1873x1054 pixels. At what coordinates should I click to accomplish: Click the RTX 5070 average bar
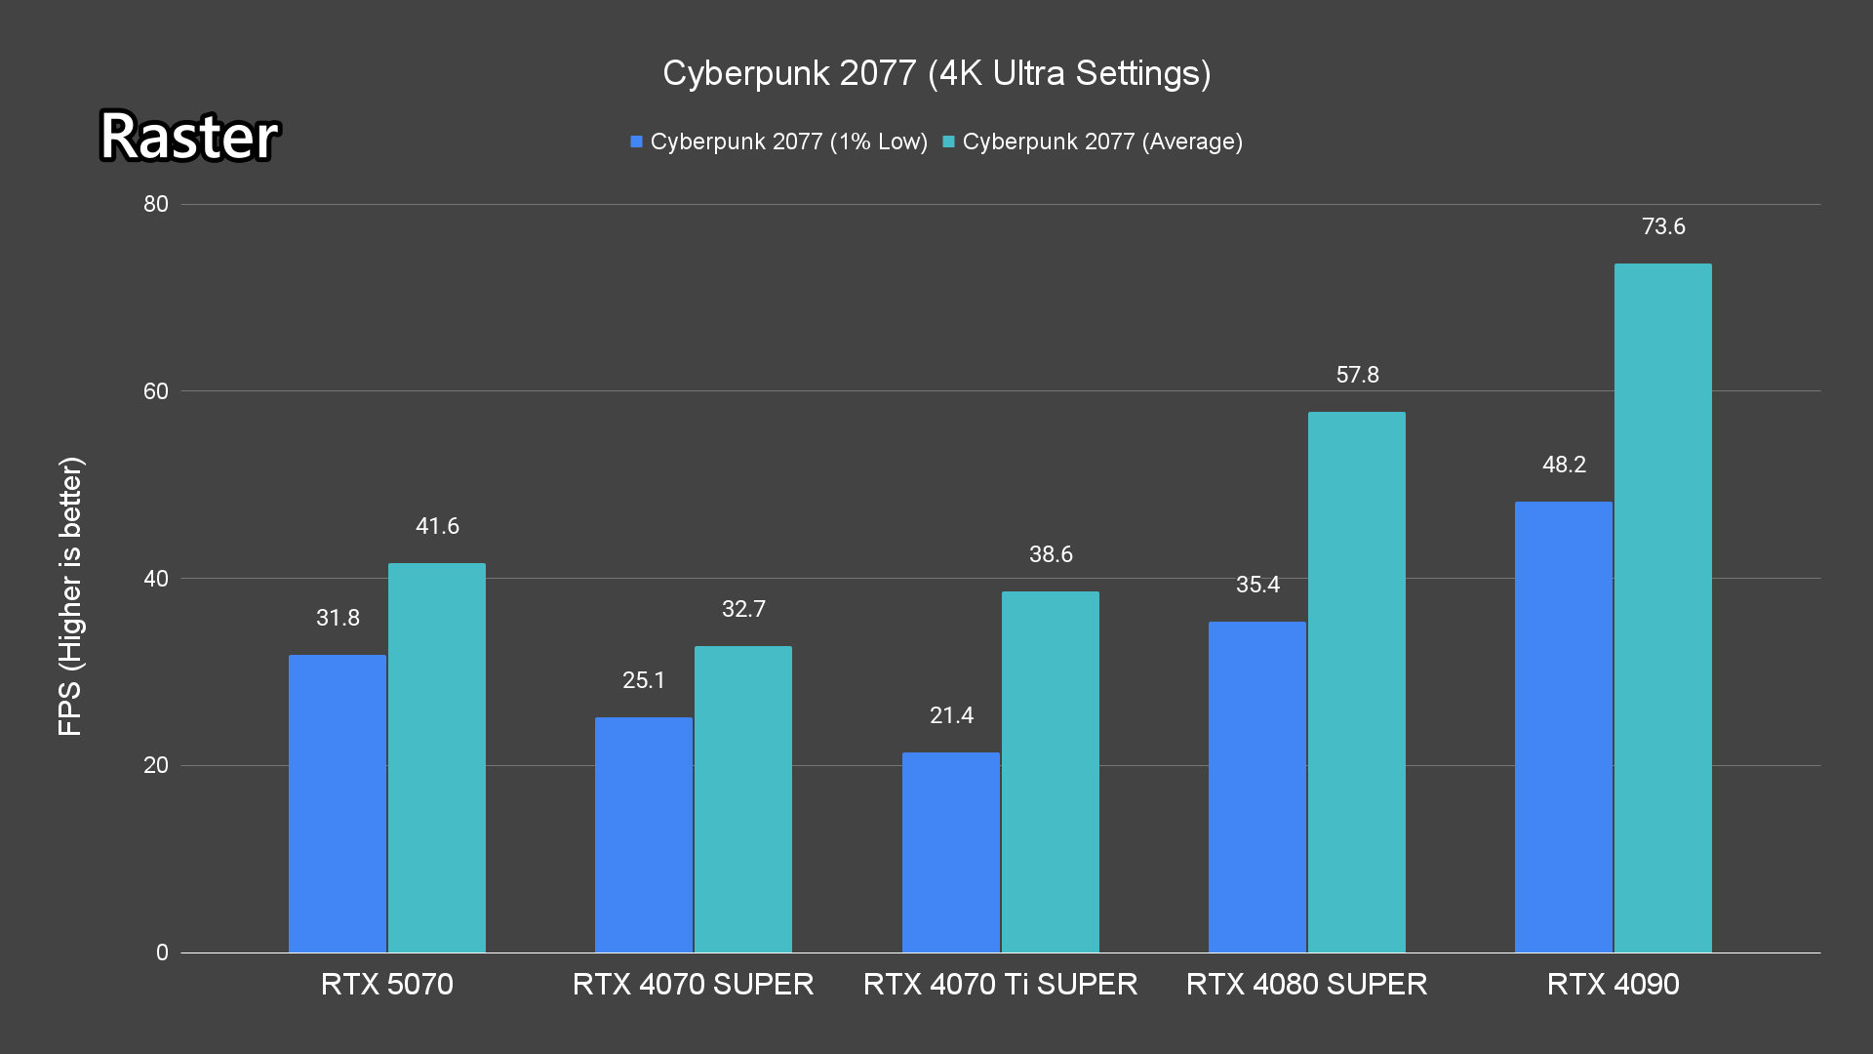(436, 757)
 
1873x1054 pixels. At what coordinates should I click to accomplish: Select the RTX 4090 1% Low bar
(1563, 727)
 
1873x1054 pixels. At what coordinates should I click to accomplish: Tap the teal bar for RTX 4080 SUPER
(1356, 682)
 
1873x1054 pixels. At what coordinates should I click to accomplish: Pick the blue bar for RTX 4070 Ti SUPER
(950, 852)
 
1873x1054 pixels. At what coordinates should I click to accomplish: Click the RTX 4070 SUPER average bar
(742, 799)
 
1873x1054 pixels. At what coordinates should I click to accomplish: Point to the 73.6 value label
(1663, 226)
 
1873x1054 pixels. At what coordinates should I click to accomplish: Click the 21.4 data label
(951, 715)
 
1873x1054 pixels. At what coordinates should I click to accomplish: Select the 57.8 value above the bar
(1357, 375)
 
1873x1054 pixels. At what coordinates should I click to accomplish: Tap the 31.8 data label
(338, 618)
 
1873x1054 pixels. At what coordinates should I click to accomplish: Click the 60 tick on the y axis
(156, 391)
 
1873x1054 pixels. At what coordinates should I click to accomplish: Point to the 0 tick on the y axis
(162, 953)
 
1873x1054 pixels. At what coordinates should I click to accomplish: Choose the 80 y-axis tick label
(156, 204)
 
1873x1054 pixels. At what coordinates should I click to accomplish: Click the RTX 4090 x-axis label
(1613, 984)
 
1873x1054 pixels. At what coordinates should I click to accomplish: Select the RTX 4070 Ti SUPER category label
(1000, 984)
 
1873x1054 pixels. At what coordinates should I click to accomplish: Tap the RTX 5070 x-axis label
(386, 984)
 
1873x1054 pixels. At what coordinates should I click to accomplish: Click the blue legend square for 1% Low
(636, 142)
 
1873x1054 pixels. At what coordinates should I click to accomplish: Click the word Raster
(189, 136)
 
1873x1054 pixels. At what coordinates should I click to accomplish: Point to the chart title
(936, 73)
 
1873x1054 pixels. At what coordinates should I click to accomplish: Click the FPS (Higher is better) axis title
(70, 595)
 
